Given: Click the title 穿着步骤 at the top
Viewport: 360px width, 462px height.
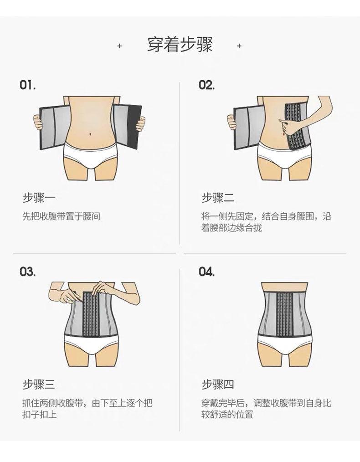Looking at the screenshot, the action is coord(180,46).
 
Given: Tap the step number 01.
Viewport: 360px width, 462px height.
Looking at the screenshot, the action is coord(28,85).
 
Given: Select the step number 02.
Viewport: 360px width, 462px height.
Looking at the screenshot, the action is coord(206,85).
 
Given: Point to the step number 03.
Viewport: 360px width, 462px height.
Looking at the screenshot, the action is coord(28,272).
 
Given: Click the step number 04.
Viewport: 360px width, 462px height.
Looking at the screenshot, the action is coord(206,272).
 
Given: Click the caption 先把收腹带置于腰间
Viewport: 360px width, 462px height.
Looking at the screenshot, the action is coord(61,216).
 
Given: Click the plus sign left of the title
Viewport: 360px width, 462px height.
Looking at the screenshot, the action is coord(119,46).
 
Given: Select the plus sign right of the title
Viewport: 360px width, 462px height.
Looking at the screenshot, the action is coord(239,46).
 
